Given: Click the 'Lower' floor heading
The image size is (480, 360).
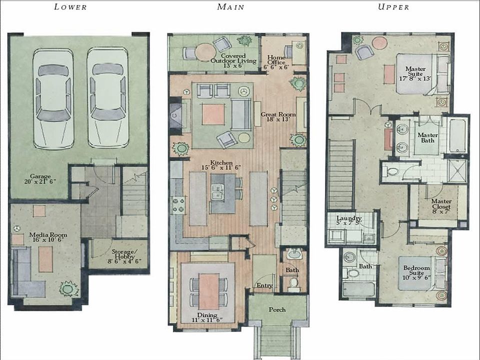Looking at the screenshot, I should tap(70, 7).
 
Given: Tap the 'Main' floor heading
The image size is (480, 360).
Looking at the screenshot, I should tap(230, 7).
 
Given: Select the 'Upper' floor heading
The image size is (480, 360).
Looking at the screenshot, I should tap(393, 7).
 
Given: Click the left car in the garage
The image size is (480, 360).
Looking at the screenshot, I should tap(53, 97).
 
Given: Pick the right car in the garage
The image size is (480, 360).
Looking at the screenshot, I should tap(108, 97).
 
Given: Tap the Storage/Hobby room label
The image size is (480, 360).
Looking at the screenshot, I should tap(118, 255).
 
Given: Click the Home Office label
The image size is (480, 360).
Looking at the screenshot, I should tap(276, 62).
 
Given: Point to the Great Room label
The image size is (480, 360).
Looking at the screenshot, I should tap(278, 117).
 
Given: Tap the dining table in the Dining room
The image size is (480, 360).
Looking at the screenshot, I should tap(208, 291).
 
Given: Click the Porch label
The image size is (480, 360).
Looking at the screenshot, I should tap(277, 309).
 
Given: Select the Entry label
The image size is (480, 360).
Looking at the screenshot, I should tap(263, 285).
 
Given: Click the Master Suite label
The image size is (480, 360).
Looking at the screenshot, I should tap(415, 72).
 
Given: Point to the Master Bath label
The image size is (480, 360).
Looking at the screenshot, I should tap(427, 138).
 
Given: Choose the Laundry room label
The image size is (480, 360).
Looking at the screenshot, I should tap(348, 221).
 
